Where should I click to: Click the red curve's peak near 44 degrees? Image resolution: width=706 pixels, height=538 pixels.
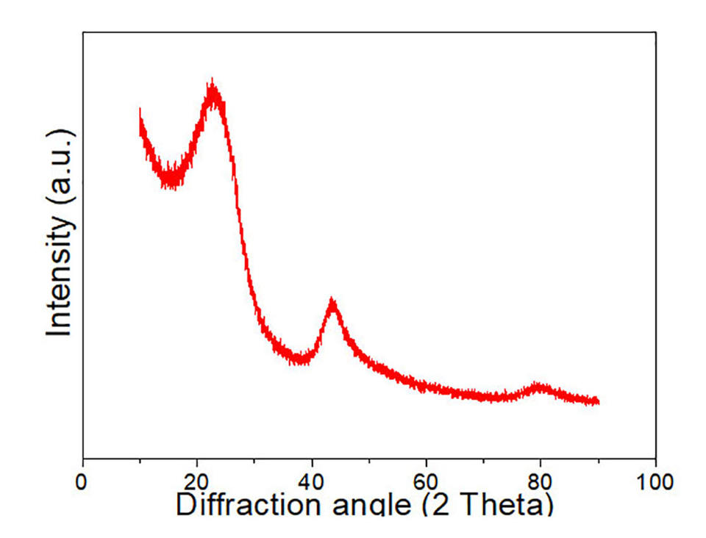point(332,302)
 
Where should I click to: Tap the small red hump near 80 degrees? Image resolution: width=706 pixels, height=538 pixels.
point(541,386)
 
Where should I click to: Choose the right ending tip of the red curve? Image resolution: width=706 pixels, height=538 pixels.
point(598,402)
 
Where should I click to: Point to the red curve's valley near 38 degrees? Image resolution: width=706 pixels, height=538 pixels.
point(299,359)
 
